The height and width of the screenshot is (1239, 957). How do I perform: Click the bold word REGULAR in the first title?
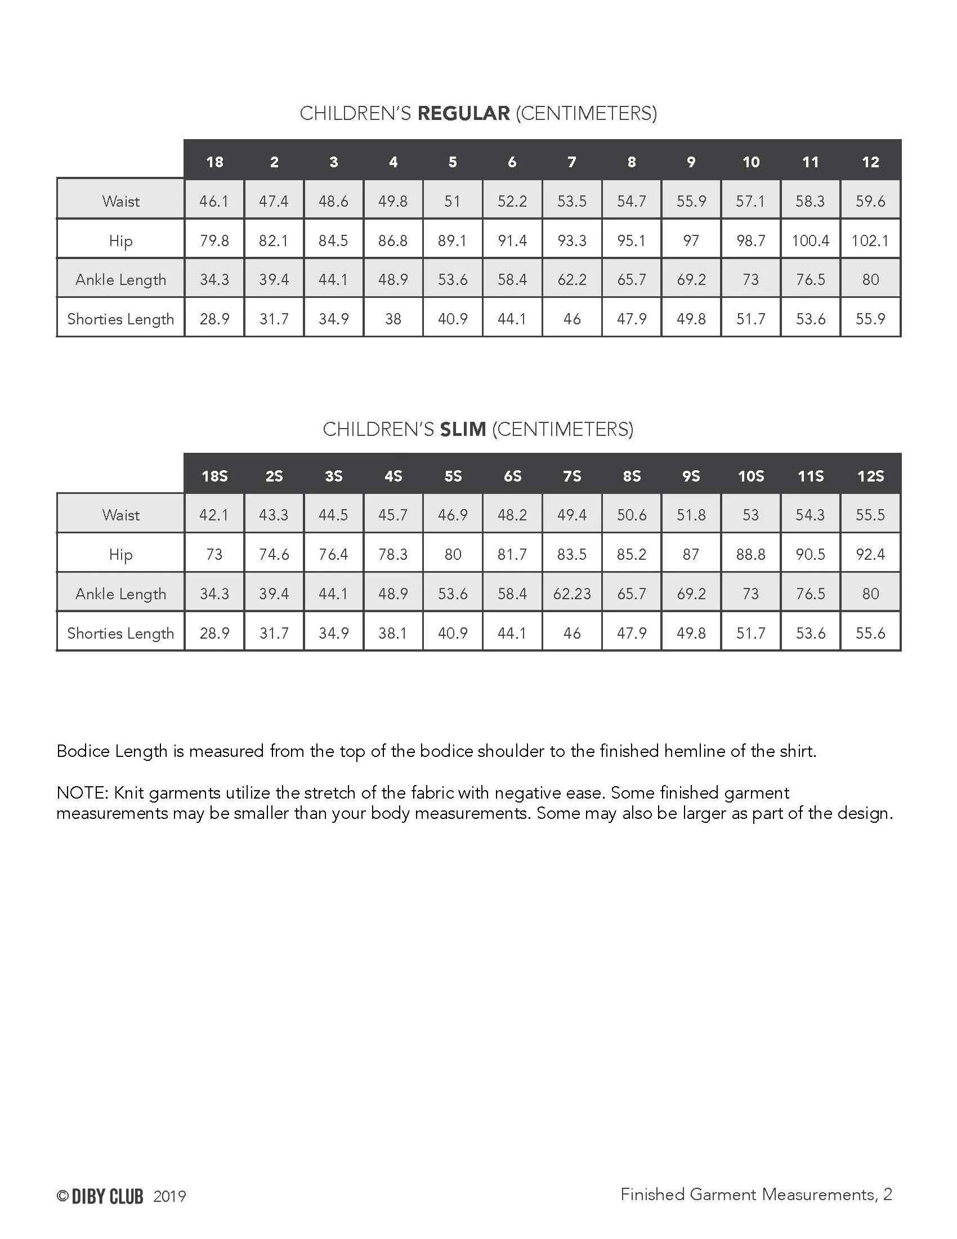[x=463, y=113]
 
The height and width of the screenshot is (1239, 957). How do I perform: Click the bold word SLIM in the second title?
[x=463, y=430]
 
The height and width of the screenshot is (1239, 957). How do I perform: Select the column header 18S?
[x=214, y=476]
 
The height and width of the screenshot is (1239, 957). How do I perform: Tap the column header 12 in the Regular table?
[x=870, y=162]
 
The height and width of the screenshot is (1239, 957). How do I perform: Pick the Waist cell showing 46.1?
[x=214, y=202]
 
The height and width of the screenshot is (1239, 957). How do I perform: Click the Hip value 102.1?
[x=870, y=240]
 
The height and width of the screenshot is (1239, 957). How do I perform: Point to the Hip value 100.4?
[x=810, y=240]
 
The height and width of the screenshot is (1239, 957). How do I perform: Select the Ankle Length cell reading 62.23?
[x=571, y=594]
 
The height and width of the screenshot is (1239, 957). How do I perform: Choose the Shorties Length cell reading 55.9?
[x=870, y=319]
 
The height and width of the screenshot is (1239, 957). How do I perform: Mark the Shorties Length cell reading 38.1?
[x=393, y=633]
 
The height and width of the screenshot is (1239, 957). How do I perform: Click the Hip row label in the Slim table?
[x=121, y=554]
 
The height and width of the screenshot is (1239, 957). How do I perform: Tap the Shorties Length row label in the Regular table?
[x=121, y=319]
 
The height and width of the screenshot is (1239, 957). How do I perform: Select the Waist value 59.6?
[x=870, y=202]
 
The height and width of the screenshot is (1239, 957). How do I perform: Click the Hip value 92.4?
[x=870, y=554]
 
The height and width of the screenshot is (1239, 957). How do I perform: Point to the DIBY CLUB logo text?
[x=106, y=1196]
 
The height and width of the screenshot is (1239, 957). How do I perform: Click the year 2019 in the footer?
[x=169, y=1196]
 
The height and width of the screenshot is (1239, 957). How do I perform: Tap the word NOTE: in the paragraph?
[x=82, y=792]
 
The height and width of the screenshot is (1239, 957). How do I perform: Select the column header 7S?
[x=571, y=476]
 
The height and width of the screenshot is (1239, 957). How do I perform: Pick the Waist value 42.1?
[x=214, y=515]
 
